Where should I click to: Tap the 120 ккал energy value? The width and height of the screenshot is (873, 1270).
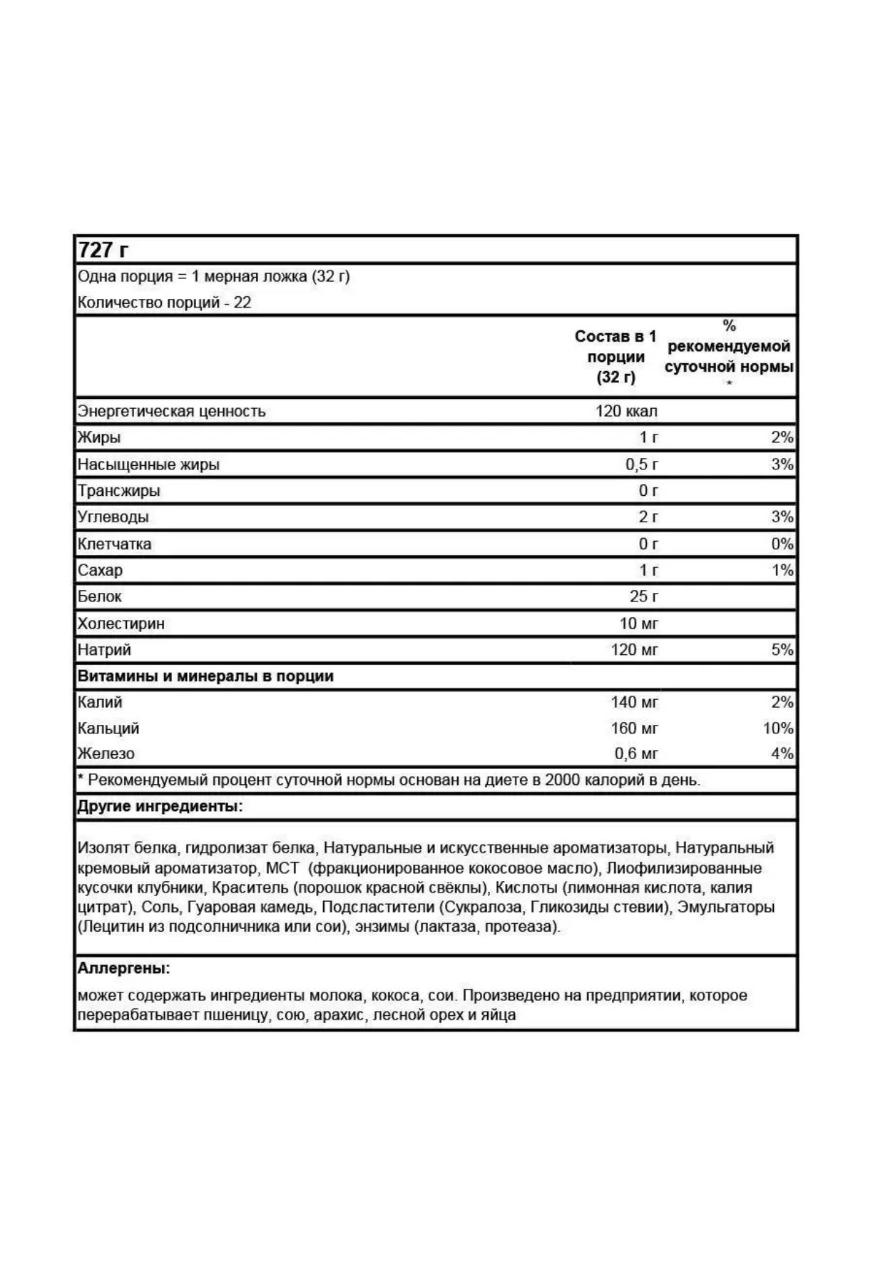coord(626,411)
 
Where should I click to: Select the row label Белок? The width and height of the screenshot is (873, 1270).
coord(100,596)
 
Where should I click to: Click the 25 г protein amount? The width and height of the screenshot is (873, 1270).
coord(643,596)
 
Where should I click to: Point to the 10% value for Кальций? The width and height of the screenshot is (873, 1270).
coord(777,728)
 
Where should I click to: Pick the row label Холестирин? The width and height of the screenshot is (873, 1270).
coord(121,624)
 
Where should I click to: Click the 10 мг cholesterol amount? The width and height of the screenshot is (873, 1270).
coord(638,624)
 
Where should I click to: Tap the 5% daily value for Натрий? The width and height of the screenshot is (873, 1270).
coord(782,650)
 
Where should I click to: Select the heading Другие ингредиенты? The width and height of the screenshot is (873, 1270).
coord(160,807)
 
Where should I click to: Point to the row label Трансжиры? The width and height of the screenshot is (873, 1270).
coord(119,491)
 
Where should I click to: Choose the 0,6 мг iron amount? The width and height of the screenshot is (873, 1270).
coord(636,753)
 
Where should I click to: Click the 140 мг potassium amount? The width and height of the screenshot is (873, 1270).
coord(634,702)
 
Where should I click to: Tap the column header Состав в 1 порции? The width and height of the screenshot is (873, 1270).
coord(616,356)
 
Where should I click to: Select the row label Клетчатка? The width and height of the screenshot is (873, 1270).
coord(115,544)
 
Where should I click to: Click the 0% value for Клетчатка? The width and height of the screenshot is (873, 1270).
coord(782,544)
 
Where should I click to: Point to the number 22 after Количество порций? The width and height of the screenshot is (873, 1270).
coord(242,303)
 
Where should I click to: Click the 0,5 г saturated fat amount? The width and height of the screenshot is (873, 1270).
coord(642,464)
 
